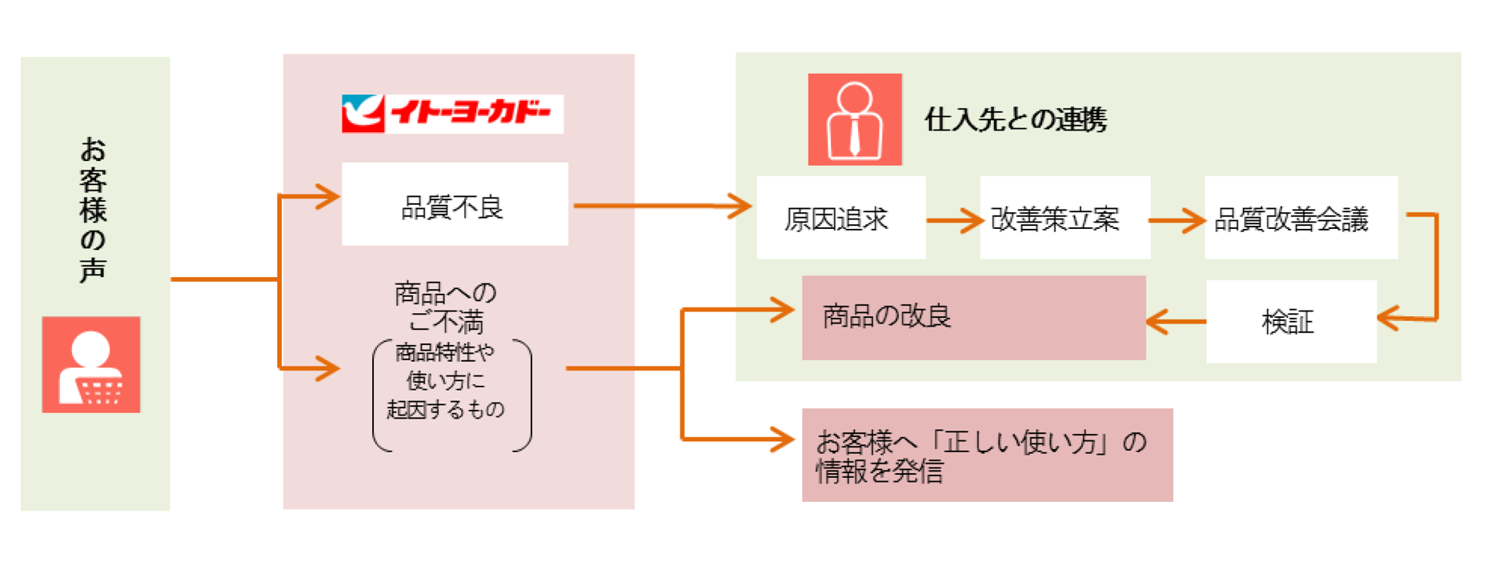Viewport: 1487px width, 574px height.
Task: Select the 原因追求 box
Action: click(840, 218)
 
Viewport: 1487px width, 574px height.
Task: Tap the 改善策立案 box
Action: click(1064, 218)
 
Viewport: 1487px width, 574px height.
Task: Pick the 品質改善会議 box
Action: click(1301, 218)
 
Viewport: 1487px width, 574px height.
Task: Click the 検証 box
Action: click(1290, 322)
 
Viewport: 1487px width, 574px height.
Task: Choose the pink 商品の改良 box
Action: click(973, 317)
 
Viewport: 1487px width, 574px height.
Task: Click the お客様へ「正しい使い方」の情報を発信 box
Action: click(987, 455)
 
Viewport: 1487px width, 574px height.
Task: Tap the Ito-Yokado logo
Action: click(452, 114)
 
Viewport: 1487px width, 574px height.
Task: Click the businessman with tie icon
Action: click(854, 119)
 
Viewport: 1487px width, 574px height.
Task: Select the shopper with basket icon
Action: click(91, 365)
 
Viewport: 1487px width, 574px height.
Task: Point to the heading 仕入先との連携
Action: click(1016, 120)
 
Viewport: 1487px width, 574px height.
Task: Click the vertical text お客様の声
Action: click(93, 210)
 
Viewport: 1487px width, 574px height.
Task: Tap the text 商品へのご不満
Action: click(445, 307)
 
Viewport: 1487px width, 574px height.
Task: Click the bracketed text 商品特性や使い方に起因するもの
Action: click(447, 381)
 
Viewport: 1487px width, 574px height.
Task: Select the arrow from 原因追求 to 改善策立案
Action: click(954, 220)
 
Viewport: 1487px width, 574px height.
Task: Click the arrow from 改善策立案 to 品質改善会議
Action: click(1177, 220)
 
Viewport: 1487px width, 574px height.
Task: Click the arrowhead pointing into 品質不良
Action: click(327, 196)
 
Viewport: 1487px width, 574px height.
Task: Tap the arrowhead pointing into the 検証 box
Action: click(1389, 318)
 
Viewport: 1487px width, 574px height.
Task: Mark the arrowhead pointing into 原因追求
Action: click(738, 206)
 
